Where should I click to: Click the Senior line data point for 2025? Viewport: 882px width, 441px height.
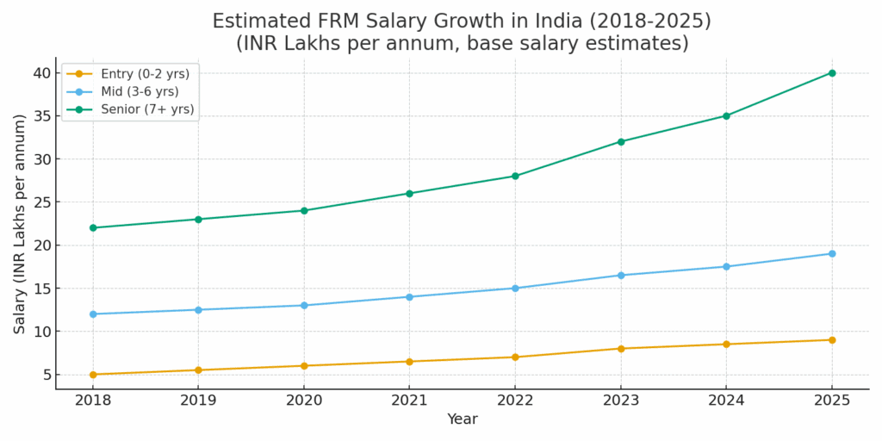click(x=832, y=73)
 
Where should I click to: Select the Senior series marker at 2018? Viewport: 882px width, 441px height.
click(x=93, y=228)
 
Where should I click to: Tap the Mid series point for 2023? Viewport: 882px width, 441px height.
click(x=621, y=276)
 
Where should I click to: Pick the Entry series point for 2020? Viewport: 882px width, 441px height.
click(x=304, y=366)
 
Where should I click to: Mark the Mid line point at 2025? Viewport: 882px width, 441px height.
click(x=832, y=254)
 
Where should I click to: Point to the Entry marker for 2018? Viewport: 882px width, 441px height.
click(x=93, y=375)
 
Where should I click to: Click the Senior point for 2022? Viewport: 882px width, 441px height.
click(x=515, y=177)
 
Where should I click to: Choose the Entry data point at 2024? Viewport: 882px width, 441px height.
click(x=726, y=345)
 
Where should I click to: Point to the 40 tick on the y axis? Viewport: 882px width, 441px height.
click(x=42, y=73)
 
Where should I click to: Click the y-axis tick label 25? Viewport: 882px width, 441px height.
click(x=42, y=202)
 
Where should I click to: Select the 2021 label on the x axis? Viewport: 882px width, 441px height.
click(x=409, y=401)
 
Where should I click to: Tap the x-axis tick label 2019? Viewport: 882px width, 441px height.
click(x=198, y=401)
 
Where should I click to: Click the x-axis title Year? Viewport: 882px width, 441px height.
click(x=462, y=419)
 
